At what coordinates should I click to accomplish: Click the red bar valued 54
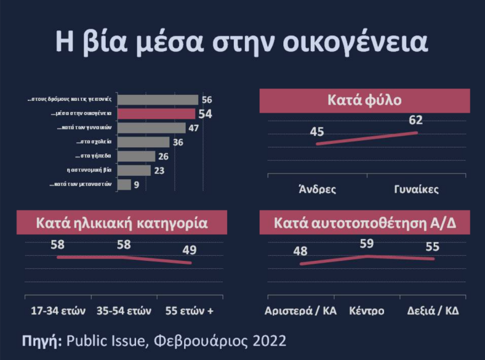click(157, 114)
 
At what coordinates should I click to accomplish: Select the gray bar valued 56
click(158, 100)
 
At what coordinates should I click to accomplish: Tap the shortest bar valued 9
click(125, 185)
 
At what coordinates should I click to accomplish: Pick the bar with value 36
click(144, 142)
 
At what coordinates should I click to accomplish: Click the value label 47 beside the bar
click(194, 128)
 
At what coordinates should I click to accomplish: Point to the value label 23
click(159, 170)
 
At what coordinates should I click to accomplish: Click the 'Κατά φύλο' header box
click(364, 101)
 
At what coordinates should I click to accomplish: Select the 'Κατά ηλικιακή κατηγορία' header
click(122, 223)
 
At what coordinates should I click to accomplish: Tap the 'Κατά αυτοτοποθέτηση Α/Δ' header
click(364, 223)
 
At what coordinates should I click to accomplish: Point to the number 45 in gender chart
click(317, 132)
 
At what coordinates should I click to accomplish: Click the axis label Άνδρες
click(317, 189)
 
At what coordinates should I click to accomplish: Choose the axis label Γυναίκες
click(416, 189)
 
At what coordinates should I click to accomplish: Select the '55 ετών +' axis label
click(190, 310)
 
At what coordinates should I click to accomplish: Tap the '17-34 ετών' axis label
click(58, 310)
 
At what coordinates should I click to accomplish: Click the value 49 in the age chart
click(190, 250)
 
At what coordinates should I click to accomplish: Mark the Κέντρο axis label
click(367, 310)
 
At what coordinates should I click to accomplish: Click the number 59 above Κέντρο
click(367, 243)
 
